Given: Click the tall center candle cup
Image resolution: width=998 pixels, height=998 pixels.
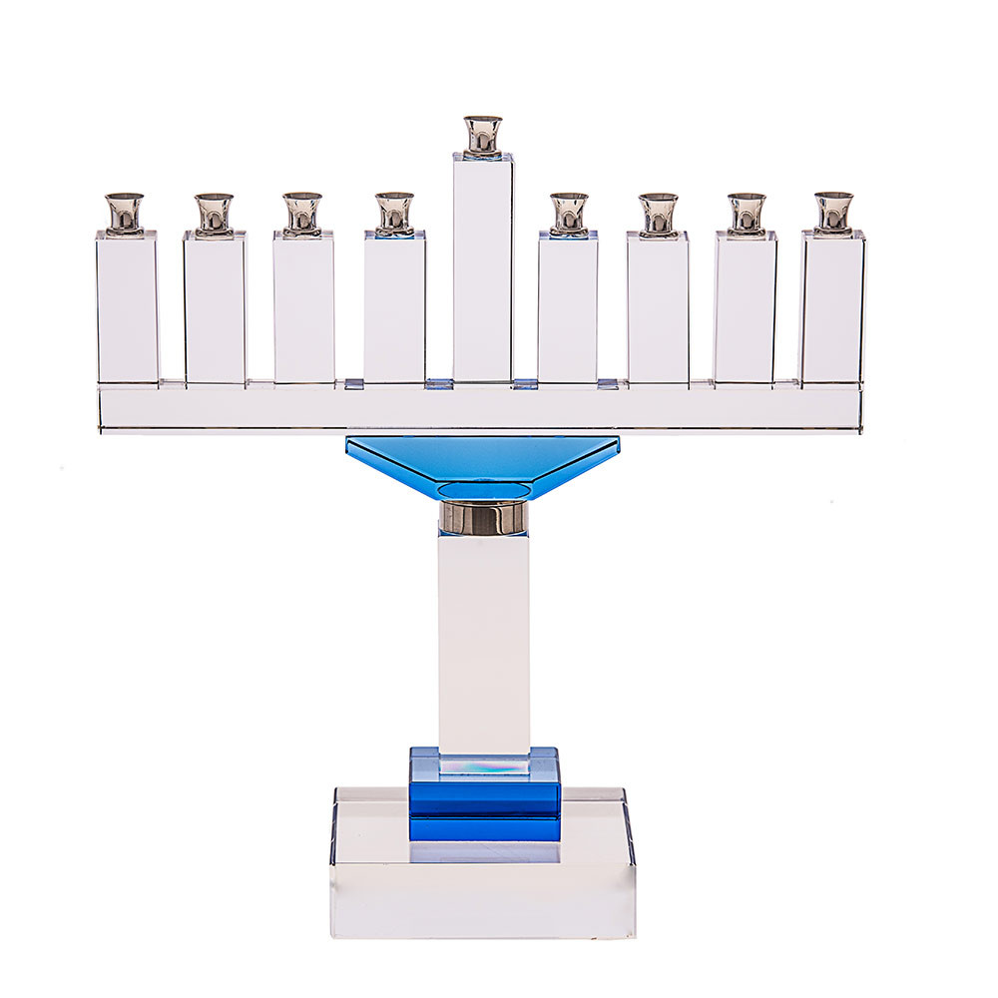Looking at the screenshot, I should click(483, 136).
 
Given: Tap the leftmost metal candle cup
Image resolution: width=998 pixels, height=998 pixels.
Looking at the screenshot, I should click(125, 213).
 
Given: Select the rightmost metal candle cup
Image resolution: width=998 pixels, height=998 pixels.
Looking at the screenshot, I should click(832, 212).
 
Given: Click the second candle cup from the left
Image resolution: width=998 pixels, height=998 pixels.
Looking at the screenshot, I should click(214, 214).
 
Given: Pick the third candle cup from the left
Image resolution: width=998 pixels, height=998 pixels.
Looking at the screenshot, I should click(301, 214).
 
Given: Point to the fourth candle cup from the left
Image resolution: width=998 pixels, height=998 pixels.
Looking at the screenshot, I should click(394, 214).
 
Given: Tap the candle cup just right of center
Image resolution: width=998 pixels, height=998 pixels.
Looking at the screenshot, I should click(569, 214).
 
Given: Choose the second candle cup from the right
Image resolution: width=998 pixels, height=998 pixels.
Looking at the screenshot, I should click(746, 214).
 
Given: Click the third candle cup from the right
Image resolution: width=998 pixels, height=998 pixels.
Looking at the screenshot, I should click(658, 214).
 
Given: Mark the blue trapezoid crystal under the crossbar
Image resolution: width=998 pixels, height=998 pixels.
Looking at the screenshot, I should click(483, 465).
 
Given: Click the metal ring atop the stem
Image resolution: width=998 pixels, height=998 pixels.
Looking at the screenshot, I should click(483, 518).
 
